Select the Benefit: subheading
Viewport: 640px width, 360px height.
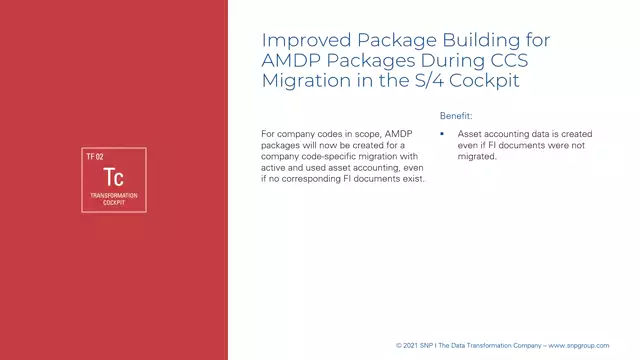[x=456, y=116]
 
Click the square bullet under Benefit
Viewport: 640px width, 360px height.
[x=442, y=133]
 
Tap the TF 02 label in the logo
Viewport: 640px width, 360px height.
[x=95, y=157]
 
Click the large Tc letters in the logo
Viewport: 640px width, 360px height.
[x=113, y=177]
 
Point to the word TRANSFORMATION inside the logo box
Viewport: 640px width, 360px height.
[x=113, y=195]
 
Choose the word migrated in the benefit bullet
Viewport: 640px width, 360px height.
[x=477, y=156]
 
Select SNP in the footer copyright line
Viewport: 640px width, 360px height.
[x=429, y=346]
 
